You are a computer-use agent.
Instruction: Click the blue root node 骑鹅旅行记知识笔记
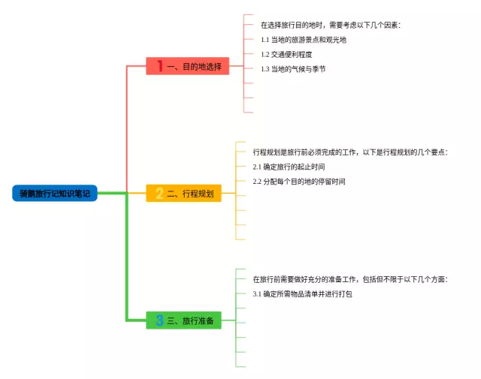[x=55, y=193]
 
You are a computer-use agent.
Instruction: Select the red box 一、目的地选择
[x=187, y=66]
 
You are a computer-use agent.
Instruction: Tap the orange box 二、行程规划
[x=183, y=193]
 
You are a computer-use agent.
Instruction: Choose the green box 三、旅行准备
[x=183, y=320]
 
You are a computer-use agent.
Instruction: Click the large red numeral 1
[x=160, y=66]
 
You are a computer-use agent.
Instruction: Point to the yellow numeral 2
[x=159, y=194]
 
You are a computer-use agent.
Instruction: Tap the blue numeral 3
[x=159, y=320]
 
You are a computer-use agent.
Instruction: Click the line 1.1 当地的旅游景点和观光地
[x=304, y=40]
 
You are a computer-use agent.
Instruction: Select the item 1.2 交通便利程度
[x=286, y=54]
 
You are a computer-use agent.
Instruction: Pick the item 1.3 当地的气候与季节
[x=293, y=69]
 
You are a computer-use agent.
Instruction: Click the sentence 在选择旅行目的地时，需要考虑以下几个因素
[x=331, y=25]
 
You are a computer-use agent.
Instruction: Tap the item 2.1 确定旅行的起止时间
[x=289, y=167]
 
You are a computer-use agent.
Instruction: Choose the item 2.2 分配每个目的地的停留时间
[x=299, y=182]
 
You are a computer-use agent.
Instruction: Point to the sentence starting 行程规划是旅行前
[x=350, y=152]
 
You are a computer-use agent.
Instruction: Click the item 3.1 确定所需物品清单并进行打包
[x=302, y=294]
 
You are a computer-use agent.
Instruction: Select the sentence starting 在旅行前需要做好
[x=350, y=279]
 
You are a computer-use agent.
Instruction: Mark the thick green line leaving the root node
[x=112, y=193]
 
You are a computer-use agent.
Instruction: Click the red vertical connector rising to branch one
[x=127, y=128]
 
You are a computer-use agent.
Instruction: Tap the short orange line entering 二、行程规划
[x=137, y=193]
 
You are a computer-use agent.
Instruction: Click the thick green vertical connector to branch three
[x=126, y=257]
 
